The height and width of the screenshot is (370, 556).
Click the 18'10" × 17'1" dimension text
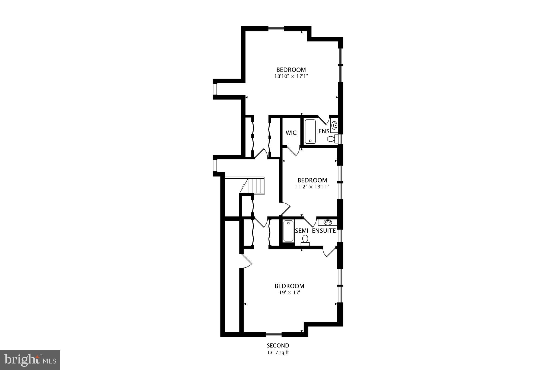point(291,76)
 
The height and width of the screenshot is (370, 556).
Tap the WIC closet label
point(291,133)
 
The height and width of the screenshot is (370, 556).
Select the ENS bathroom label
point(324,131)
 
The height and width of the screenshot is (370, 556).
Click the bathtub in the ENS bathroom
point(310,131)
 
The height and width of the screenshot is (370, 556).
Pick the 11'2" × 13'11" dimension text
point(312,186)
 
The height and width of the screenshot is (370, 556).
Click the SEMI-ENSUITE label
point(315,231)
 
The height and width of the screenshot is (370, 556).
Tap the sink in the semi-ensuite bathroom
point(328,222)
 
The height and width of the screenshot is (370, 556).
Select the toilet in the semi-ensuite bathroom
point(305,240)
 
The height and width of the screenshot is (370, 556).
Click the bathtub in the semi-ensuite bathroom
point(288,231)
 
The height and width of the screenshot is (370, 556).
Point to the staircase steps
point(255,185)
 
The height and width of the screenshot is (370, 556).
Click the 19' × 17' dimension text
point(289,292)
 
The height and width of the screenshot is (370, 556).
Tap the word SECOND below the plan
point(278,346)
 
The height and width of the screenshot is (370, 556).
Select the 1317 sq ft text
point(278,353)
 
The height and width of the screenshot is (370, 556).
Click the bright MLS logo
point(30,360)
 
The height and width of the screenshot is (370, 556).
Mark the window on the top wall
point(276,28)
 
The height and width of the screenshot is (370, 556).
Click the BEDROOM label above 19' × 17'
point(289,286)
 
